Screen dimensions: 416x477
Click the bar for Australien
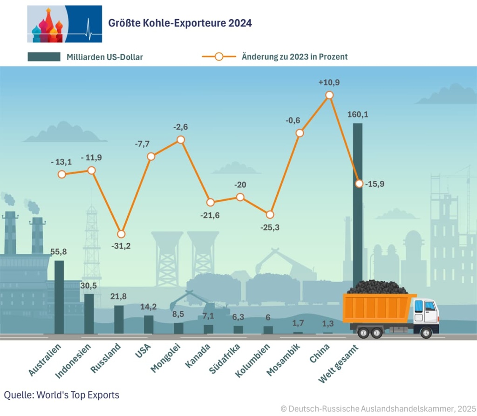[59, 297]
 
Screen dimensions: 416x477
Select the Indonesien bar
[89, 314]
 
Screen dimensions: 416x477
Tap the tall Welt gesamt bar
[357, 205]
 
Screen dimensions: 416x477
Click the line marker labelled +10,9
[329, 95]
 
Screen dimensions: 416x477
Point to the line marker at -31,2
[121, 234]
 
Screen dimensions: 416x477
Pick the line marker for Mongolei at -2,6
[181, 140]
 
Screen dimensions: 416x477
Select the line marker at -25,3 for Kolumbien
[270, 215]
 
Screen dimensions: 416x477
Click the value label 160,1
[358, 114]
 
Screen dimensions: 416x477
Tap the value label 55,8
[58, 252]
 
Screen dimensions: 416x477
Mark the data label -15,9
[375, 184]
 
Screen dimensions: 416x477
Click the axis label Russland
[106, 358]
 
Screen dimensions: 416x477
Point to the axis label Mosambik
[283, 360]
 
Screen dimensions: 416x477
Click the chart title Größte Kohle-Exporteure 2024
[180, 23]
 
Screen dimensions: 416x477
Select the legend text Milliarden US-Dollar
[104, 57]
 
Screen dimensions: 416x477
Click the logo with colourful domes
[64, 24]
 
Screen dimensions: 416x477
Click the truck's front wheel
[426, 332]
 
